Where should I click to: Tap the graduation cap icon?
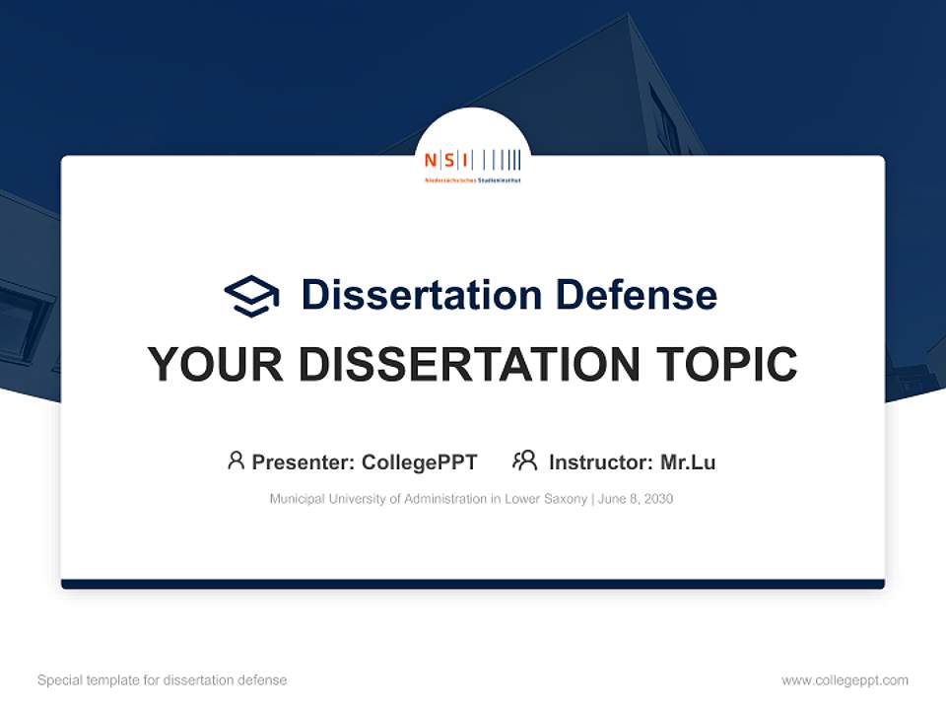point(251,295)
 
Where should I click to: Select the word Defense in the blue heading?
point(636,295)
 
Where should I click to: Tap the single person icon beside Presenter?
point(236,461)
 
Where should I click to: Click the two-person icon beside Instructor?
point(524,461)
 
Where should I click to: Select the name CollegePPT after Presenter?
point(420,462)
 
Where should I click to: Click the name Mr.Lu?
point(688,462)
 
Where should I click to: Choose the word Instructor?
point(600,462)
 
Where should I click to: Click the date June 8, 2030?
point(636,499)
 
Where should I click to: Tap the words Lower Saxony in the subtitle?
point(546,499)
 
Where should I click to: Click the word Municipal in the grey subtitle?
point(297,499)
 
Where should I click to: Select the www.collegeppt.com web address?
point(845,680)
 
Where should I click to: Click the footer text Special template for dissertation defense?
point(163,680)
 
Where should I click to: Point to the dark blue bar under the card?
point(473,585)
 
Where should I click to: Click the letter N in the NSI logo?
point(430,160)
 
